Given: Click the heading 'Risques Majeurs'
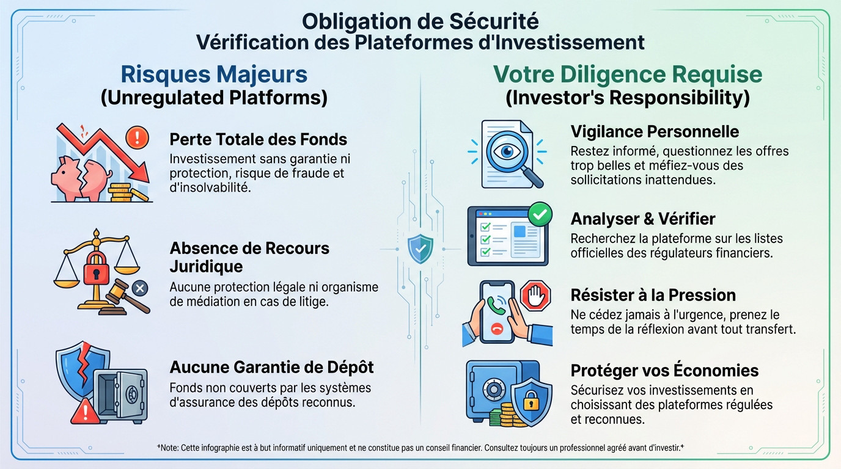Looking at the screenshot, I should point(213,75).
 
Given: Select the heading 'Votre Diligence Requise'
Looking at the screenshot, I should point(627,75).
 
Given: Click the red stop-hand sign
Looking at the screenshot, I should point(535,296).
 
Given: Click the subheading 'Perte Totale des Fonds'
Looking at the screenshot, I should point(258,139).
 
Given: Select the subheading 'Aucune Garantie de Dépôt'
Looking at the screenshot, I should point(271,367).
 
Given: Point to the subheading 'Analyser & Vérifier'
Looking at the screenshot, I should point(642,219).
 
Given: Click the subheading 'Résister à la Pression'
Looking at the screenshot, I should point(653,295).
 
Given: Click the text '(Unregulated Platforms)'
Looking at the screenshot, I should point(213,98).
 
